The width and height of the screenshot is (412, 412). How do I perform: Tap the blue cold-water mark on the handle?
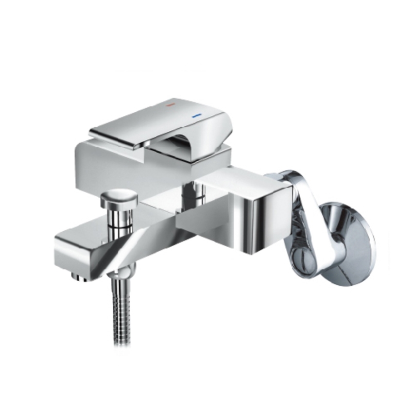pyautogui.click(x=196, y=117)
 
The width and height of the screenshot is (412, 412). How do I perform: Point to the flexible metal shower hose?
pyautogui.click(x=118, y=309)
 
